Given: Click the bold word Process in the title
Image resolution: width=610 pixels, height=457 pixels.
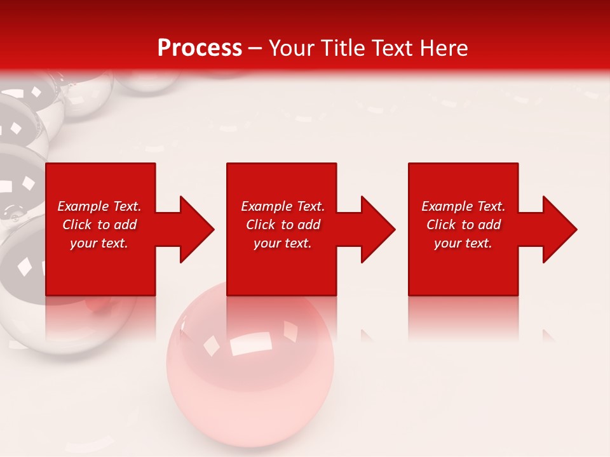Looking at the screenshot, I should coord(200,48).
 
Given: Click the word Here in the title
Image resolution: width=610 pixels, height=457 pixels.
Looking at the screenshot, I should coord(444,48).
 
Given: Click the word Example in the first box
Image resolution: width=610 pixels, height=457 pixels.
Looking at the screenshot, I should coord(83,206).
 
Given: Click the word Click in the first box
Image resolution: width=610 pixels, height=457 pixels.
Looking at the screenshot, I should coord(77,225).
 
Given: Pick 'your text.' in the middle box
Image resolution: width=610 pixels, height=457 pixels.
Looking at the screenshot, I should coord(282,243).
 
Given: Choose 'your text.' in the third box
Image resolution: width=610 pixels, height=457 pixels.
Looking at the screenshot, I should coord(463,243).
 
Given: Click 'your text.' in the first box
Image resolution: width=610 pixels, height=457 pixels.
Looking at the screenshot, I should coord(98,243).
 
